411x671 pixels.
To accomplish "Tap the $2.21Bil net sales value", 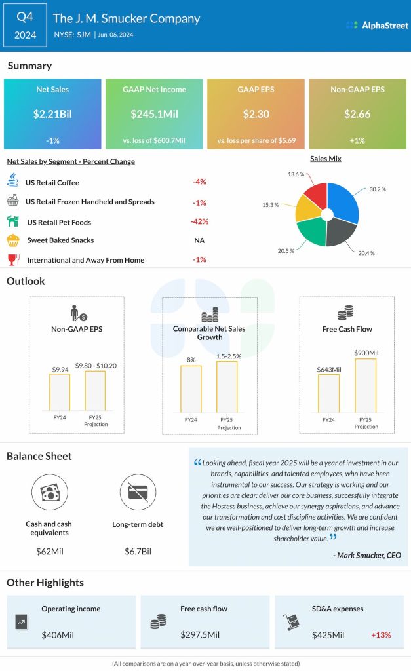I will pyautogui.click(x=52, y=114).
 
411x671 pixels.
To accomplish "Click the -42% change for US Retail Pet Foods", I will pyautogui.click(x=199, y=221).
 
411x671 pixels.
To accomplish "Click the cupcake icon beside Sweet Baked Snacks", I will pyautogui.click(x=13, y=240).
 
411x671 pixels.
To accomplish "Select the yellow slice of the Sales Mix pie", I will pyautogui.click(x=308, y=208).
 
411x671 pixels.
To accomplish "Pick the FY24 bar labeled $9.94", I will pyautogui.click(x=60, y=391).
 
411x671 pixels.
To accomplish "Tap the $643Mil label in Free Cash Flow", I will pyautogui.click(x=328, y=370).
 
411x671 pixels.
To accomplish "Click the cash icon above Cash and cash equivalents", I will pyautogui.click(x=50, y=492).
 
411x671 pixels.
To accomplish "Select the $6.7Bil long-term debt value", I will pyautogui.click(x=138, y=552).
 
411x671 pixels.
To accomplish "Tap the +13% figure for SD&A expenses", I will pyautogui.click(x=382, y=635).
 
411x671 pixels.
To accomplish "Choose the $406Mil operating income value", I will pyautogui.click(x=56, y=635).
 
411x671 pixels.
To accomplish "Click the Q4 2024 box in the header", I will pyautogui.click(x=26, y=26).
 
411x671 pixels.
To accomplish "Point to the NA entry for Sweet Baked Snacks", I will pyautogui.click(x=199, y=240).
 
